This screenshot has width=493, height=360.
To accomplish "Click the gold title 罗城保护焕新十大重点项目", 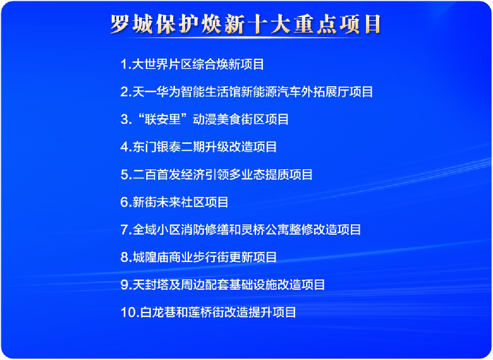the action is pos(245,24).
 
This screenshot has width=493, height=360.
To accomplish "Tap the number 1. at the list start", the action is pos(126,64).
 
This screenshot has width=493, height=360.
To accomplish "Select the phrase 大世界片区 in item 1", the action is pos(162,64).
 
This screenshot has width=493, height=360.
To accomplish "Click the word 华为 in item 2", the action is pos(168,92).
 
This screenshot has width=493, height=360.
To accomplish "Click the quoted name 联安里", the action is pos(162,119).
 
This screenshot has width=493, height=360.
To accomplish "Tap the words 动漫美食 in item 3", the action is pos(217,119).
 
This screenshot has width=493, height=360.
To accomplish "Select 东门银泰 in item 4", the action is pos(156,147).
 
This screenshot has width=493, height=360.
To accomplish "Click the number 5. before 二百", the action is pos(126,174).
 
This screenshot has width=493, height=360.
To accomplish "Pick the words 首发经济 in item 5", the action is pos(180,174).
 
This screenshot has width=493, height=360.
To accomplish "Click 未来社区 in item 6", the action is pos(180,202).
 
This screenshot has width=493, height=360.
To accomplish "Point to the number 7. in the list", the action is pos(126,229).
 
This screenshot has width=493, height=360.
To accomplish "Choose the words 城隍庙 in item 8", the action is pos(150,257).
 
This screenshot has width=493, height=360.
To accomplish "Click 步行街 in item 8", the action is pos(210,257).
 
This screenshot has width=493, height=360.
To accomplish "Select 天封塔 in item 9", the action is pos(150,284).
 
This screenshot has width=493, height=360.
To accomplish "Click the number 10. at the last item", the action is pos(130,312).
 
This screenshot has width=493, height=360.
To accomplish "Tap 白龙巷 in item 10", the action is pos(158,312).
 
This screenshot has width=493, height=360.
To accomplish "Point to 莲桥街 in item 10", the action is pos(206,312).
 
